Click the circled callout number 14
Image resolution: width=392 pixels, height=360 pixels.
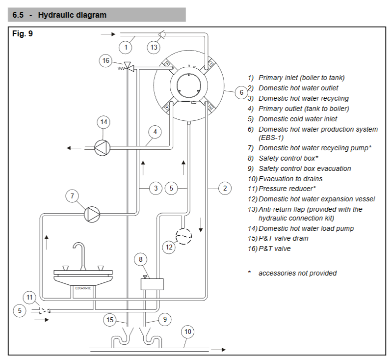(x=103, y=122)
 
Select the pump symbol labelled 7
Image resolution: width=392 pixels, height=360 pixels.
(x=92, y=214)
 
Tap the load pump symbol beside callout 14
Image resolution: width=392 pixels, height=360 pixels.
(x=103, y=147)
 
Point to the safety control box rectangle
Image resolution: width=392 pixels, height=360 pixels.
(x=152, y=284)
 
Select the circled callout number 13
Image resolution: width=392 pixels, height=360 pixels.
(x=154, y=48)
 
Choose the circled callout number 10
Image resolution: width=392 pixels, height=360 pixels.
(x=188, y=332)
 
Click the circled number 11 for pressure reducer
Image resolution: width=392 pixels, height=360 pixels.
(x=30, y=298)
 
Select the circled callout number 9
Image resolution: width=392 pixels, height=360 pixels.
(x=164, y=320)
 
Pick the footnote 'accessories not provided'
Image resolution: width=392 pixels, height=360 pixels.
(x=297, y=273)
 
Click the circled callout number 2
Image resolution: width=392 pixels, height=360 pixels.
(x=224, y=188)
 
